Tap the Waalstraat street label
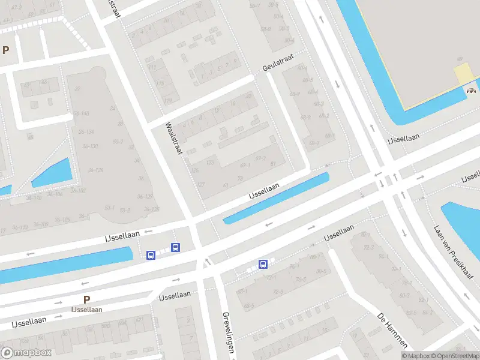tap(174, 139)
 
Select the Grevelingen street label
tap(228, 332)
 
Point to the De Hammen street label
tap(394, 330)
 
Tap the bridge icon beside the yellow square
tap(472, 91)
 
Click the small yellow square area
tap(464, 74)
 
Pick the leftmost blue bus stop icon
tap(151, 256)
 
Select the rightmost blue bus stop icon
tap(263, 264)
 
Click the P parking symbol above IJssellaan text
tap(86, 299)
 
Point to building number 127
tap(201, 184)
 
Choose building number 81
tap(273, 163)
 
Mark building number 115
tap(160, 83)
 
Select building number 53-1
tap(110, 208)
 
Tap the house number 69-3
tap(260, 158)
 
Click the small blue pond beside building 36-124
tap(52, 173)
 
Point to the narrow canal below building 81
tap(276, 198)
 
